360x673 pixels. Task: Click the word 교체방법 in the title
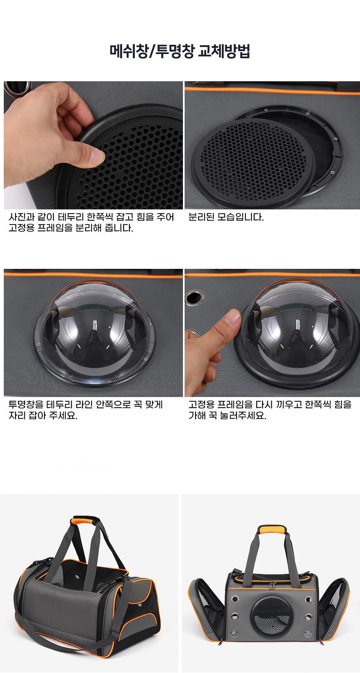(x=224, y=52)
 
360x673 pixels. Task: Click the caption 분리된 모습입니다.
(x=226, y=217)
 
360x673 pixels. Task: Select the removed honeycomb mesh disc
(x=253, y=163)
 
